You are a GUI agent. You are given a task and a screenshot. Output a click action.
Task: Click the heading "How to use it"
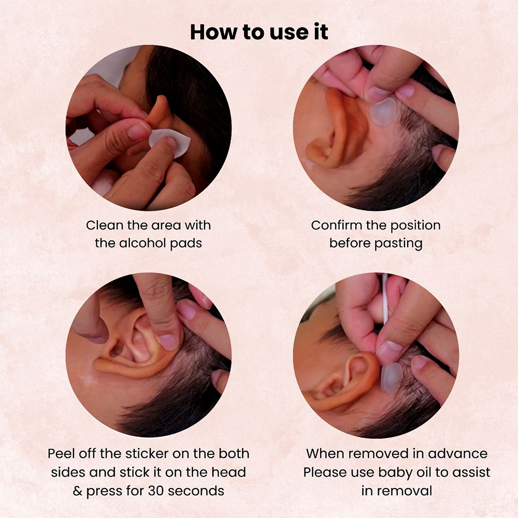click(x=259, y=32)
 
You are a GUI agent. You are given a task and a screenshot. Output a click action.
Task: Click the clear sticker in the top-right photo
click(x=383, y=112)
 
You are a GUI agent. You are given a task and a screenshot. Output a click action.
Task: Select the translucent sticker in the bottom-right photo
click(x=392, y=377)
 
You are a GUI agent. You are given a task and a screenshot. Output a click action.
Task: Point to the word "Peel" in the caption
click(x=60, y=454)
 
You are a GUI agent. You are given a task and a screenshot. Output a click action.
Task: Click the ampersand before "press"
click(x=78, y=491)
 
